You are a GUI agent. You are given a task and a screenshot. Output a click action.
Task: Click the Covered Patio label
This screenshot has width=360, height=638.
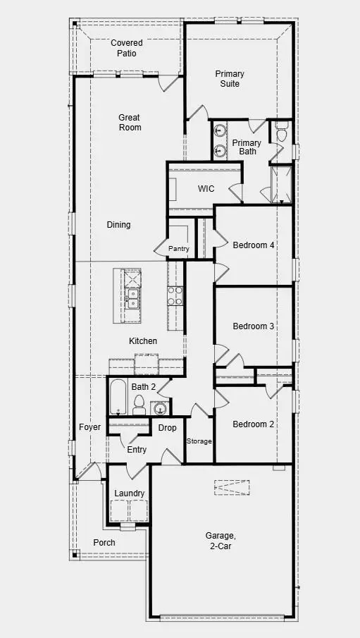[127, 48]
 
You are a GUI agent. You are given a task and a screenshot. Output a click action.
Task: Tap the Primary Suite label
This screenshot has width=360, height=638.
[230, 79]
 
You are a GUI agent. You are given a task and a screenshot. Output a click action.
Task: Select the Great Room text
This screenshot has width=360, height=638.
[130, 123]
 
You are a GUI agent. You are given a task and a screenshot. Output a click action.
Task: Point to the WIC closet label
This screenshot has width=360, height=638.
[206, 189]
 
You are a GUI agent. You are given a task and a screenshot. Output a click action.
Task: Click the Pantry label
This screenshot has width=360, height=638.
[179, 249]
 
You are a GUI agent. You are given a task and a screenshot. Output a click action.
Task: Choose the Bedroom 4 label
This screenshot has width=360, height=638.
[254, 245]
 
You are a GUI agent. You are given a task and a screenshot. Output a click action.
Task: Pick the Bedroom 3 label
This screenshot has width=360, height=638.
[254, 326]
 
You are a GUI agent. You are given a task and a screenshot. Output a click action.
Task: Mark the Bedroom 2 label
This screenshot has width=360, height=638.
[254, 424]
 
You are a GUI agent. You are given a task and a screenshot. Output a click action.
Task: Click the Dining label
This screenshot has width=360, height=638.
[118, 225]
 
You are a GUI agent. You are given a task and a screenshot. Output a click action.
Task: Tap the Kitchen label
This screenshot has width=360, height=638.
[143, 341]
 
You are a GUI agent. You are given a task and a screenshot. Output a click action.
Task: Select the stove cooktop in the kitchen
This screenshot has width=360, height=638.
[175, 295]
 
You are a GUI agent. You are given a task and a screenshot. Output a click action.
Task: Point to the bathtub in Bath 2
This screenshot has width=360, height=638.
[117, 398]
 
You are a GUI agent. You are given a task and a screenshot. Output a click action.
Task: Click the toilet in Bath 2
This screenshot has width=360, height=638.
[139, 404]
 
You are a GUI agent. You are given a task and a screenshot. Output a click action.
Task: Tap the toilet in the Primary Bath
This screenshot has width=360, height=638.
[281, 133]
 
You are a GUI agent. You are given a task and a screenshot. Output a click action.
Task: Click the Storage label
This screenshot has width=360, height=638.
[199, 441]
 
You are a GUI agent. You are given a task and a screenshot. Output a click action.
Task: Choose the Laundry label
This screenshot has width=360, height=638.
[130, 493]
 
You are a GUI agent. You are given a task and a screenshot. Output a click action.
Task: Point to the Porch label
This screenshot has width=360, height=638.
[104, 543]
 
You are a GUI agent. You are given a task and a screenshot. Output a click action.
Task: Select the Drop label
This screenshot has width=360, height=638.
[167, 428]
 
